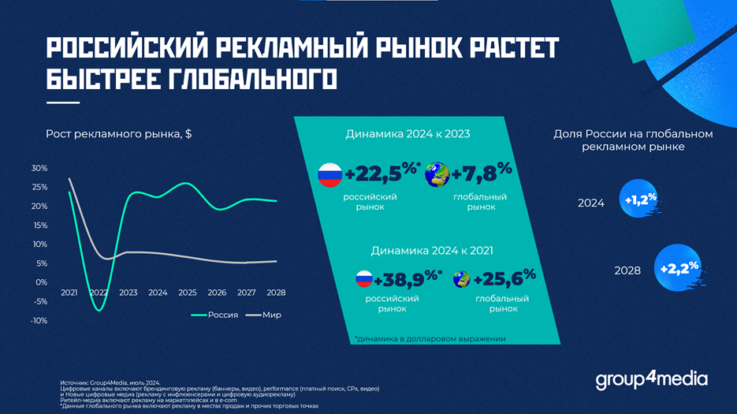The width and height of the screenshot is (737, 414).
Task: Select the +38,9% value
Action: coord(408,279)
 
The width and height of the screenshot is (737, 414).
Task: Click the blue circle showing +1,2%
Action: coord(639,201)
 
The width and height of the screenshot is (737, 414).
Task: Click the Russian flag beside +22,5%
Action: coord(329,174)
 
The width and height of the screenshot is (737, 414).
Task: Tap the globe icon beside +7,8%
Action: coord(437,174)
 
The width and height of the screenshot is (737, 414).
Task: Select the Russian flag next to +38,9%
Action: coord(363,279)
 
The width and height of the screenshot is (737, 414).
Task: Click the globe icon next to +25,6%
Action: coord(463,279)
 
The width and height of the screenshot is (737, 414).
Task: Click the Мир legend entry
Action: coord(264,315)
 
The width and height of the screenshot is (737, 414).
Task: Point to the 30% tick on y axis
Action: coord(39,169)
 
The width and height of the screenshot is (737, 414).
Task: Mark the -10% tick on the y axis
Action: coord(39,320)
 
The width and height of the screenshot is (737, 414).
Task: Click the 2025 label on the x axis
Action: coord(187,293)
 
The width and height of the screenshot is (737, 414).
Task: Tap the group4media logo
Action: coord(651,381)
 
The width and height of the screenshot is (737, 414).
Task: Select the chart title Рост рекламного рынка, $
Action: coord(119,134)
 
